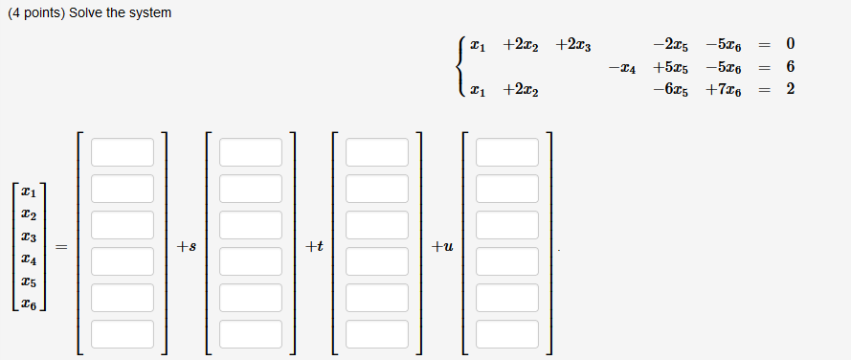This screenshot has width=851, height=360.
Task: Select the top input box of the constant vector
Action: (123, 152)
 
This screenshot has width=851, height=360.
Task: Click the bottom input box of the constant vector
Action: (123, 334)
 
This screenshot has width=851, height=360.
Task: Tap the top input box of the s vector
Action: (251, 152)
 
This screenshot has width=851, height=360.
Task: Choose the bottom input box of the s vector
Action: (251, 334)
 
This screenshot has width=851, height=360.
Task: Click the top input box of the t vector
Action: (377, 152)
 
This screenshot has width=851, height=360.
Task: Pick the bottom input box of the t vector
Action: (377, 334)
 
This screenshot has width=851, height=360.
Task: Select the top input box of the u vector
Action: (507, 152)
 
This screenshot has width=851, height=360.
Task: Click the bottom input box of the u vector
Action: (507, 334)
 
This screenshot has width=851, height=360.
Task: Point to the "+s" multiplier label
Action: (187, 247)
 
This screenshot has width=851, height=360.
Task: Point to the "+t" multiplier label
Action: (314, 247)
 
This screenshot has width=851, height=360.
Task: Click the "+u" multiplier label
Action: (442, 247)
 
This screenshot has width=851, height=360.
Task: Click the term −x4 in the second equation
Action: (621, 68)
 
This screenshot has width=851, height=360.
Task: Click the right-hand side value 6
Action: (790, 68)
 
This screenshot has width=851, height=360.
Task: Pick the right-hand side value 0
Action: (790, 45)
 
